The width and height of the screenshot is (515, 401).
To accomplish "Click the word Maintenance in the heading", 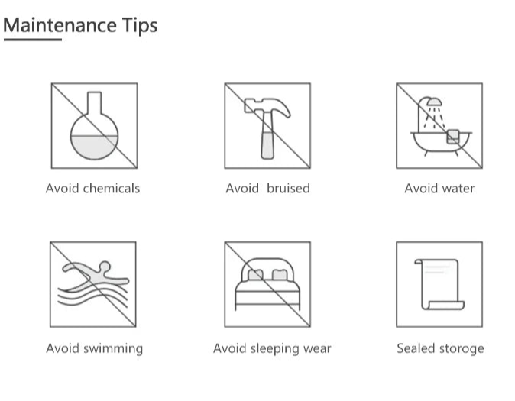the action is pos(60,25).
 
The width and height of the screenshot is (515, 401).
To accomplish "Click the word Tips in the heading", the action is pos(140,26).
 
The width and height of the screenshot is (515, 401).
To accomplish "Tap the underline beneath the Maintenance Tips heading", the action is pos(33,40).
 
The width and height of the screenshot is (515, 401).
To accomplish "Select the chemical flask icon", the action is pos(94,126).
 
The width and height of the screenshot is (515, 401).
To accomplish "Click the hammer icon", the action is pos(267,128).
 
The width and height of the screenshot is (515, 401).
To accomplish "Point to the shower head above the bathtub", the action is pos(434,102).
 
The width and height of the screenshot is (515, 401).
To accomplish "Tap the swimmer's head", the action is pos(105,267).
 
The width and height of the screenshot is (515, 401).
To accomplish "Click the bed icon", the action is pos(267,284).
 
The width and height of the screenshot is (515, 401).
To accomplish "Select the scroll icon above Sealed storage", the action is pos(439,284).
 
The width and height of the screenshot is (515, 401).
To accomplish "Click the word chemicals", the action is pos(112,189).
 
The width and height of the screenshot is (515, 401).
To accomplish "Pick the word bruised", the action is pos(288,189).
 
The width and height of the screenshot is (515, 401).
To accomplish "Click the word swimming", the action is pos(113,349).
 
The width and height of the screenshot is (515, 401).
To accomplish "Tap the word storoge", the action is pos(462,349).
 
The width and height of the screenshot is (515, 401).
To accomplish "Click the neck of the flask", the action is pos(94,102).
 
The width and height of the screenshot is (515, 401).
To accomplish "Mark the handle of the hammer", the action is pos(267,136).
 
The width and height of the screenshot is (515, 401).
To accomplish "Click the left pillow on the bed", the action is pos(255,274).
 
